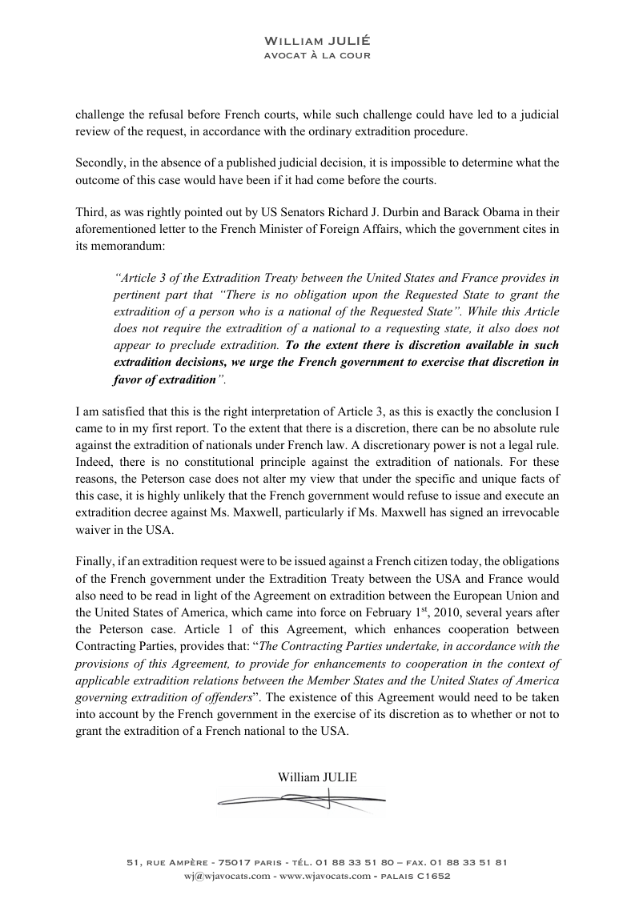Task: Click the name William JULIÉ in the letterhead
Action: tap(317, 40)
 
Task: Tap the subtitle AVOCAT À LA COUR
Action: tap(317, 55)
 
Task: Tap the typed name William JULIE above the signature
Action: tap(317, 777)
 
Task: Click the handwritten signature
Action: tap(300, 798)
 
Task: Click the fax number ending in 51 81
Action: tap(470, 862)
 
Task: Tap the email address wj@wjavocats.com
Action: tap(226, 876)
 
